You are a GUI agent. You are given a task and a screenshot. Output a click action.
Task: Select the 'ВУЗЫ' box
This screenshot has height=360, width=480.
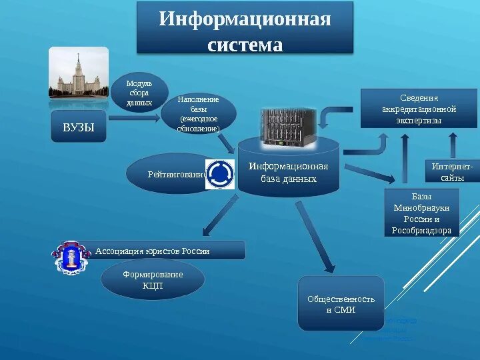point(79,127)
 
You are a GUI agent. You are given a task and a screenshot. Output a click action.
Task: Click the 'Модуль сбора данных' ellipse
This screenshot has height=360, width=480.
point(139,93)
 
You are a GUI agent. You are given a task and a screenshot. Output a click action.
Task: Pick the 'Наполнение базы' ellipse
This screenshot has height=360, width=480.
point(198,114)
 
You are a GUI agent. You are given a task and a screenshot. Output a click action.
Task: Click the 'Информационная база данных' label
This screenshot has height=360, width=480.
point(289,173)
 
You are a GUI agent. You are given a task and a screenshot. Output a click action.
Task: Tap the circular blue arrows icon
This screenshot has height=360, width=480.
point(219,174)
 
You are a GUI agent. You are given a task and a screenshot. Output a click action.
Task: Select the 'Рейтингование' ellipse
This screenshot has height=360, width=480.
point(170,175)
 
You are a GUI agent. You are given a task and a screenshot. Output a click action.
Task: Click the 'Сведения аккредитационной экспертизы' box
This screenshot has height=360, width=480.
point(419,109)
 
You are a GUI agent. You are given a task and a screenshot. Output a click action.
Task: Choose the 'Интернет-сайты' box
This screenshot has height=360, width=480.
point(452,171)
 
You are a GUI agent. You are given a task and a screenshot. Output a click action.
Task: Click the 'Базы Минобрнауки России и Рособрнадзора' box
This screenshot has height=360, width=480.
point(421,213)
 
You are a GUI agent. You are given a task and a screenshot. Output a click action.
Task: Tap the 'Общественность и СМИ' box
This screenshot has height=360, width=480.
point(341,304)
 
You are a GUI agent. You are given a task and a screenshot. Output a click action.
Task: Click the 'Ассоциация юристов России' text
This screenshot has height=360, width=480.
point(153,251)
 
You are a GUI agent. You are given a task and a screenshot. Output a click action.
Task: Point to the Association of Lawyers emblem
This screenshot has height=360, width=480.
point(71,256)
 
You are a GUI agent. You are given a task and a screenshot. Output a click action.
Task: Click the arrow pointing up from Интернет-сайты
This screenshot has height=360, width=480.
point(453,143)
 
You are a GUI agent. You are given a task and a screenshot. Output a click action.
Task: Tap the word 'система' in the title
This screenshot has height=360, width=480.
point(245,45)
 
